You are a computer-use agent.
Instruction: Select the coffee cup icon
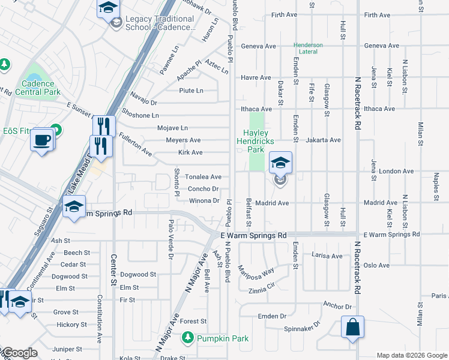[41, 140]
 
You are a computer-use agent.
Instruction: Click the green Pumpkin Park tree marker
[188, 338]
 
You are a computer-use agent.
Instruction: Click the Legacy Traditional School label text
[160, 23]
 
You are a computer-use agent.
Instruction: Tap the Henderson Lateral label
[308, 49]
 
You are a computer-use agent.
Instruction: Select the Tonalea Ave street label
[203, 177]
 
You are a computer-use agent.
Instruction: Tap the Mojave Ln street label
[172, 128]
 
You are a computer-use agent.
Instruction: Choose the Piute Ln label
[191, 91]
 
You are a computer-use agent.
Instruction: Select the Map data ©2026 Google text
[411, 355]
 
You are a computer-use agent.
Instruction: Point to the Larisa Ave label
[327, 256]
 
